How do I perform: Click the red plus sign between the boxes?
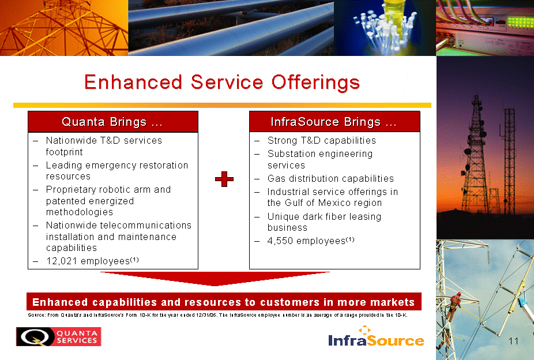click(224, 179)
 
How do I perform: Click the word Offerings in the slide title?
click(315, 82)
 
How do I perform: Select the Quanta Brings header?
click(112, 122)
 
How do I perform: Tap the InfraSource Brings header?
click(334, 122)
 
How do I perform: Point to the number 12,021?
click(62, 261)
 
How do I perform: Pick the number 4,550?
click(280, 241)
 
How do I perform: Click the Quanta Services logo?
click(59, 336)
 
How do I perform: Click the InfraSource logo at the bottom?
click(377, 336)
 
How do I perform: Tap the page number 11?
click(513, 341)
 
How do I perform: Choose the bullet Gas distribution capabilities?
click(330, 179)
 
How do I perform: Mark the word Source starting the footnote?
click(36, 315)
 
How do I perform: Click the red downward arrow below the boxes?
click(215, 278)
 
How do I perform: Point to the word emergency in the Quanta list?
click(109, 166)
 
